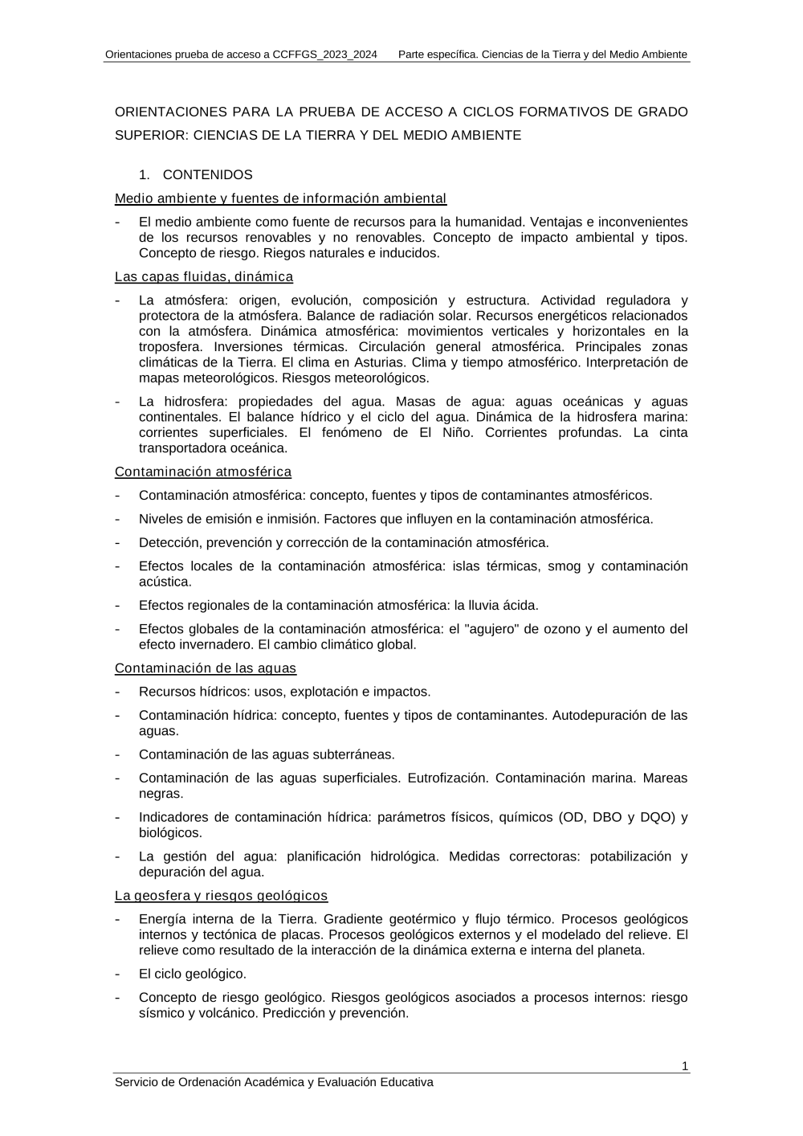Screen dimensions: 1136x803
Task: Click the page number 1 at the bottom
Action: coord(684,1066)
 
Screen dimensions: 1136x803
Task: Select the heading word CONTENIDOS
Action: coord(207,174)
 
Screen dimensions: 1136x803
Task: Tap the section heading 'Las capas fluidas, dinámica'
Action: coord(204,277)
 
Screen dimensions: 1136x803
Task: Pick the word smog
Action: coord(564,566)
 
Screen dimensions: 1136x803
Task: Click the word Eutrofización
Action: coord(447,778)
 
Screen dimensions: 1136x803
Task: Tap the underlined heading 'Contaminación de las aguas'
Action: coord(206,668)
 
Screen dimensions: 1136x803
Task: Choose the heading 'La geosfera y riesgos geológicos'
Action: coord(221,896)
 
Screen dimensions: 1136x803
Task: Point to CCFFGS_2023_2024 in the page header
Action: coord(324,55)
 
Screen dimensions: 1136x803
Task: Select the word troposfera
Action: coord(172,346)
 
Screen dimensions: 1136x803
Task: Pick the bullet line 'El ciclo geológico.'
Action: coord(193,974)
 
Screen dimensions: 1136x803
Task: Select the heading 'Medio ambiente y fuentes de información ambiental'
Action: coord(280,198)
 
